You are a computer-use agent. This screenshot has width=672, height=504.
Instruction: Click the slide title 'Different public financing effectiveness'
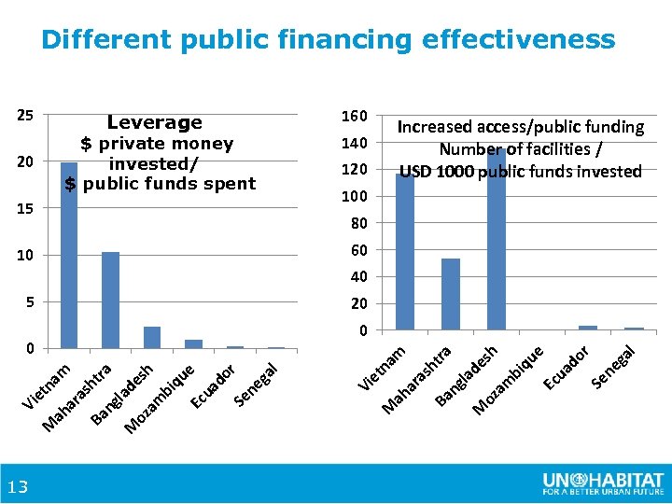point(329,40)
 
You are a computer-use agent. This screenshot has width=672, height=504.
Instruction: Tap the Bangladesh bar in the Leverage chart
point(152,337)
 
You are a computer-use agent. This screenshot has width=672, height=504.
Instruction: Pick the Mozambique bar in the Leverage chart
point(193,343)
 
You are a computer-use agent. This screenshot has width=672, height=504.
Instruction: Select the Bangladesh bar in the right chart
point(496,239)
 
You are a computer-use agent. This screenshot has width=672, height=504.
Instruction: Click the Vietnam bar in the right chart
point(405,251)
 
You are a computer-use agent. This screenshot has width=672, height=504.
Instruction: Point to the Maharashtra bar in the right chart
point(451,294)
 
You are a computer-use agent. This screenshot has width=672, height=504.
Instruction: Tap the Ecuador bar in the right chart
point(588,328)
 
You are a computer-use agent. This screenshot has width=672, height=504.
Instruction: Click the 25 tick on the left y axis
point(25,116)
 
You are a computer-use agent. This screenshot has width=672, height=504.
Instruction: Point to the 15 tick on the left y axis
point(25,209)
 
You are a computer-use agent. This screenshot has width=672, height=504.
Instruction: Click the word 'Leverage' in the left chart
point(154,123)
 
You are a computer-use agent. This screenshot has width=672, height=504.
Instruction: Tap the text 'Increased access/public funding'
point(521,126)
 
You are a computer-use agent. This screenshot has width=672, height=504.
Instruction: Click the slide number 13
point(18,486)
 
